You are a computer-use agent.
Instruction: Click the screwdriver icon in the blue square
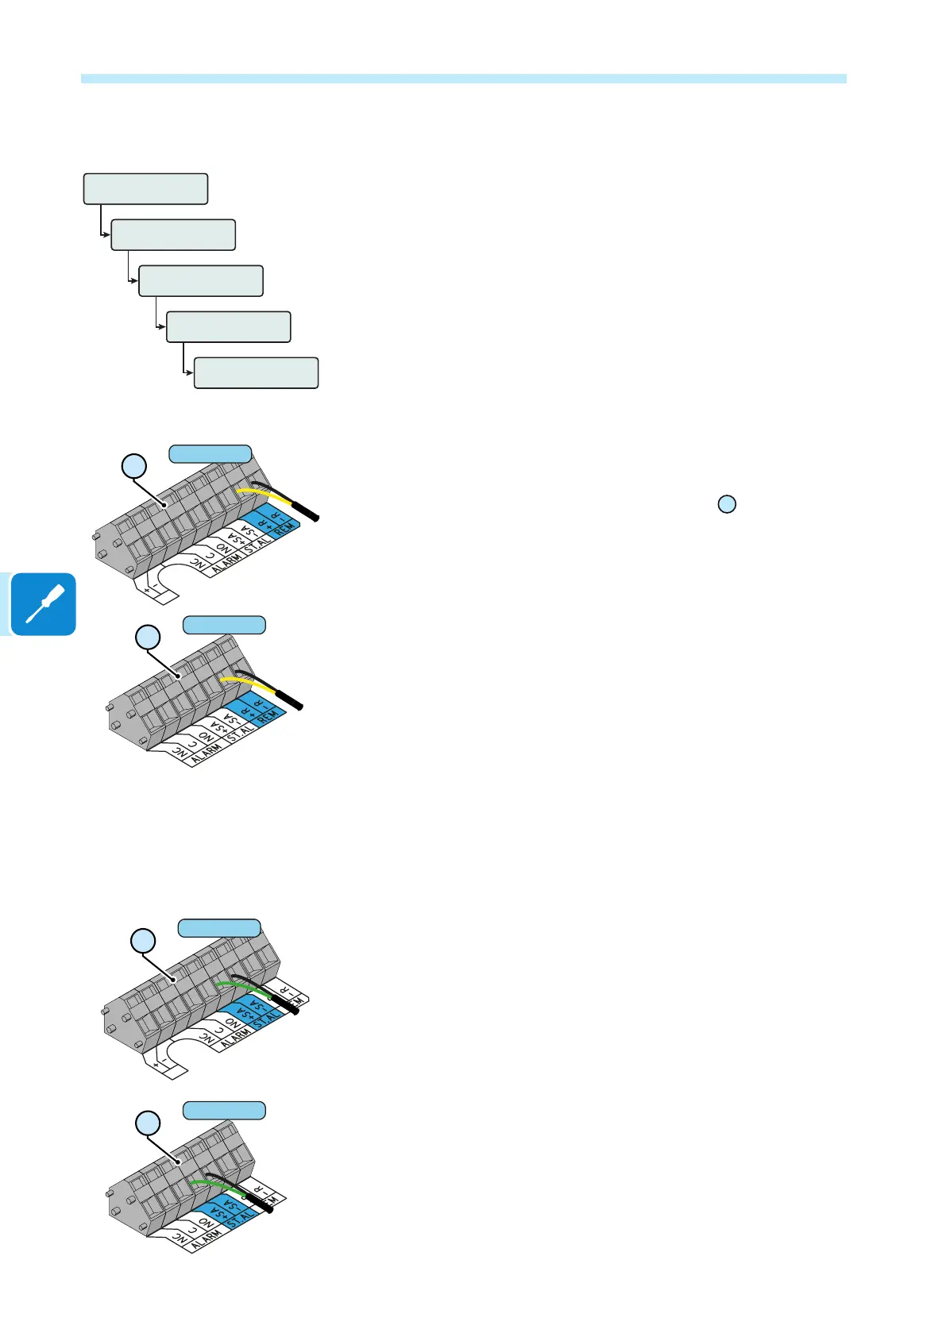(x=44, y=604)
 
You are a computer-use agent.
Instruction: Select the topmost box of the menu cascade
(x=146, y=189)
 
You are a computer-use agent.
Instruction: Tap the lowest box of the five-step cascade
(x=256, y=372)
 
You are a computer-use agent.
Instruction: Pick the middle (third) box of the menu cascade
(x=201, y=281)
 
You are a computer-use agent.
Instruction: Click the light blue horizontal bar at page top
(x=464, y=79)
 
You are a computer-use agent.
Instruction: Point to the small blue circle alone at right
(x=726, y=503)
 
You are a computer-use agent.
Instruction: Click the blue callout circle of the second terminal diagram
(x=148, y=637)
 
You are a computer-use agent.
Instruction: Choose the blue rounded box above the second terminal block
(x=224, y=625)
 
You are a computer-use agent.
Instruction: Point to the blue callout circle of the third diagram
(x=143, y=941)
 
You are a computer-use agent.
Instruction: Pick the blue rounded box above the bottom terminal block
(x=224, y=1110)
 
